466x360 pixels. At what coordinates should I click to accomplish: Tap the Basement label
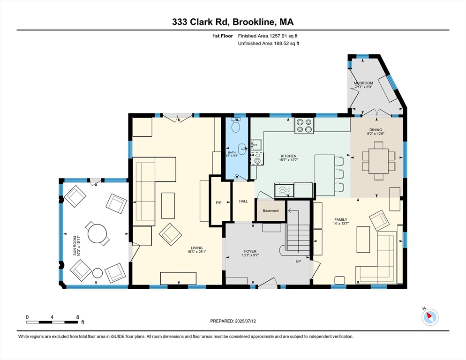point(271,210)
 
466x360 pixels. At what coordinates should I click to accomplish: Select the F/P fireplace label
point(218,203)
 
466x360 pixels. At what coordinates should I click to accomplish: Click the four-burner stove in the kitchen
point(303,126)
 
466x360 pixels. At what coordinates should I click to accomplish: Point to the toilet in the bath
point(236,125)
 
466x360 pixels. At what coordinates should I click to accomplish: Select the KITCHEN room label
point(288,157)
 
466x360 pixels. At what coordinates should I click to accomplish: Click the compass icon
point(429,317)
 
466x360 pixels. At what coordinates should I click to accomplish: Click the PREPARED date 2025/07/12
point(233,321)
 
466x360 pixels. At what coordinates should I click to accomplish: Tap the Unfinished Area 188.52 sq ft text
point(268,43)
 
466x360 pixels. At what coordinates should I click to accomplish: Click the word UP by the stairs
point(298,261)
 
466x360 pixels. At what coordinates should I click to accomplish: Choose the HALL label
point(243,201)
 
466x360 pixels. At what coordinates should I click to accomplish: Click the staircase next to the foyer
point(298,232)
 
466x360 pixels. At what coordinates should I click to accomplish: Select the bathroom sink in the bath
point(242,150)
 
